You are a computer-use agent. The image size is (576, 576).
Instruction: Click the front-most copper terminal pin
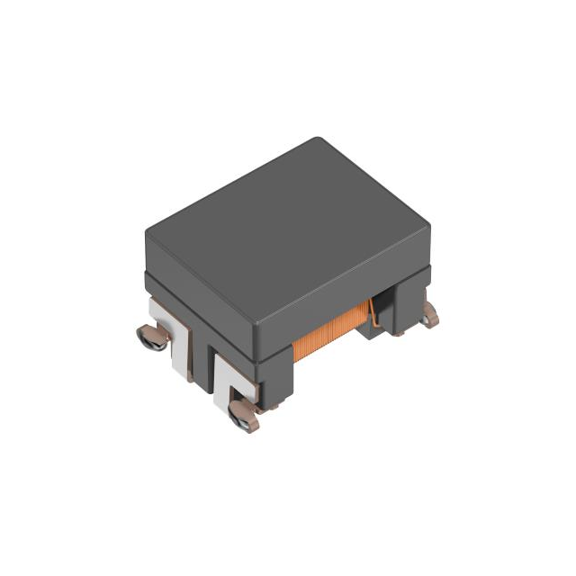pos(243,416)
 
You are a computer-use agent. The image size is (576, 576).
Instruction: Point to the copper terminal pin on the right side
pos(430,314)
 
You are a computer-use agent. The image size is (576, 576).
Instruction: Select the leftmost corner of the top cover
pos(148,236)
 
